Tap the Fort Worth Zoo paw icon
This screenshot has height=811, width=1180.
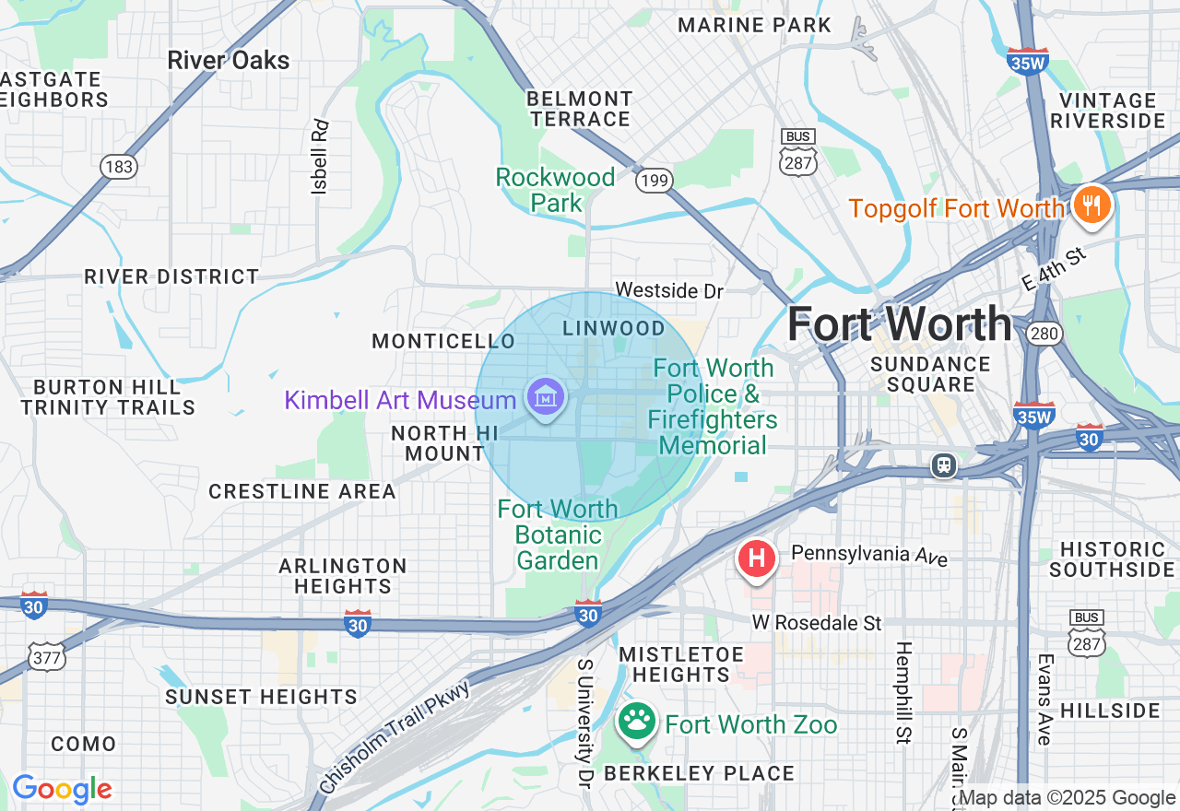pos(636,723)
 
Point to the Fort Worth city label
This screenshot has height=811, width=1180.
pos(899,323)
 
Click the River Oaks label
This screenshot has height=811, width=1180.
pos(229,61)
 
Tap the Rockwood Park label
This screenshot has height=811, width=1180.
pos(555,190)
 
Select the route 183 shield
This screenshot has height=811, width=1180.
pos(119,167)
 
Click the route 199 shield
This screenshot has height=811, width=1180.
pos(653,181)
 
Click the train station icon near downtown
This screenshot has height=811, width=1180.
pos(943,465)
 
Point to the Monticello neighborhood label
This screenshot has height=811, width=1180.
pos(443,342)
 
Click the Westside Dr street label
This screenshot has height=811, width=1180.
pos(669,290)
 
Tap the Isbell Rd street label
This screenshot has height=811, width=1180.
pos(320,156)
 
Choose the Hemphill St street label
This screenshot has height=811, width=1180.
pos(903,692)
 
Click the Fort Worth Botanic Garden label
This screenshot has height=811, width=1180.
pos(558,535)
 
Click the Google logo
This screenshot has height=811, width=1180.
pos(62,789)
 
